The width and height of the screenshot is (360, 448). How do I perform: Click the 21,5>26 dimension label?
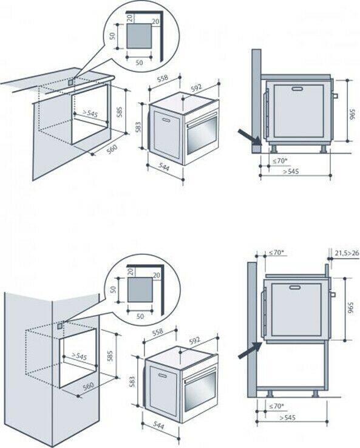347,253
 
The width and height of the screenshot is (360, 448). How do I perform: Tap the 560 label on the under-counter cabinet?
112,149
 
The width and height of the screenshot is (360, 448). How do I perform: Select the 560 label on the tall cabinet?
88,387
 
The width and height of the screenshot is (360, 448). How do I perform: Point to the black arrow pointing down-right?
250,137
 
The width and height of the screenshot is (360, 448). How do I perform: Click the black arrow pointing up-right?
250,350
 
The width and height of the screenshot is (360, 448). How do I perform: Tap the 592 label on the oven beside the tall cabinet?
195,341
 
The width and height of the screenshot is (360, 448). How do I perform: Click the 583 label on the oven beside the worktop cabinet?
138,127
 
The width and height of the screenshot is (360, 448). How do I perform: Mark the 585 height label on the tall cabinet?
110,356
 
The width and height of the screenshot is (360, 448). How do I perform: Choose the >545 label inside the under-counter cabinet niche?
90,114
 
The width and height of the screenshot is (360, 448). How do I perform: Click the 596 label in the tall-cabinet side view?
351,307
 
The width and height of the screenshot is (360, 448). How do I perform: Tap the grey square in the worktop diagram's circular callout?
139,36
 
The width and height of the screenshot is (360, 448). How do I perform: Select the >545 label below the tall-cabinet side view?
287,418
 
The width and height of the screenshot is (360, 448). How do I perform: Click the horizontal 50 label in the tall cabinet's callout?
140,316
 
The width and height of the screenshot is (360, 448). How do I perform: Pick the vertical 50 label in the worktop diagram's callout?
112,36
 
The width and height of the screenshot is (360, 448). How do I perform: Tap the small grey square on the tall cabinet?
60,326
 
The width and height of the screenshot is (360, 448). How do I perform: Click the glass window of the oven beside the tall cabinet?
200,391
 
